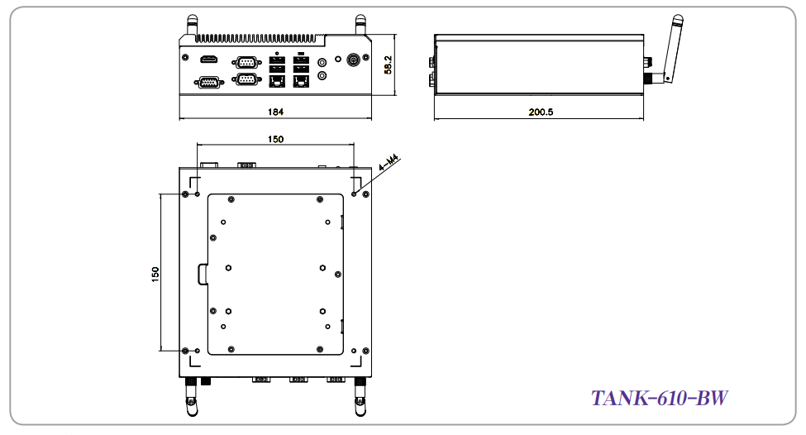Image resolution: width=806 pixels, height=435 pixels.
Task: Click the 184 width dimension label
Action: point(275,112)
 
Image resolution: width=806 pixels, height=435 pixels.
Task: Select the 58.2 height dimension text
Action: point(388,65)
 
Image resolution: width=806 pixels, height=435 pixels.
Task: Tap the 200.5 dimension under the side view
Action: point(541,112)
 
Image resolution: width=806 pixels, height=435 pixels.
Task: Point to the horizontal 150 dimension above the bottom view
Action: point(275,139)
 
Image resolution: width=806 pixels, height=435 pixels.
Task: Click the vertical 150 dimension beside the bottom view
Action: point(155,274)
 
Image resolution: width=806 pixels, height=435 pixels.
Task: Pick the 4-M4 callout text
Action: point(389,163)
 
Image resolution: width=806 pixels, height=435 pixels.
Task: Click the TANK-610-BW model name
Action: point(660,398)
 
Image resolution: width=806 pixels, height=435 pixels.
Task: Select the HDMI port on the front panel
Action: point(208,60)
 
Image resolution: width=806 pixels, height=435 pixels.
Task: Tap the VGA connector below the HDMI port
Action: point(207,82)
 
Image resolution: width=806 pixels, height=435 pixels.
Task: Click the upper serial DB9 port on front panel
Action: point(246,62)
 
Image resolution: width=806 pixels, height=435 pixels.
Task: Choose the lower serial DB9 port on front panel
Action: point(246,79)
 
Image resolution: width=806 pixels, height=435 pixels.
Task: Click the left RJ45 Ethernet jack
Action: point(277,81)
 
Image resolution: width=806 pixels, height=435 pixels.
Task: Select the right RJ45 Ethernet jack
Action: point(301,81)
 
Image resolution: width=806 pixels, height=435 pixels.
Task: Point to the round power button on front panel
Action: point(354,60)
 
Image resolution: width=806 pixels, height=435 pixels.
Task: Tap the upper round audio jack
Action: point(322,63)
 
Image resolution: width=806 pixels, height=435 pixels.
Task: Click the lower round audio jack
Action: point(322,75)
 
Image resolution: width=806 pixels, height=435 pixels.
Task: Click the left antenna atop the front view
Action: point(192,26)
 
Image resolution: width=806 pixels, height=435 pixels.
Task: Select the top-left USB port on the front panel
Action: point(277,60)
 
